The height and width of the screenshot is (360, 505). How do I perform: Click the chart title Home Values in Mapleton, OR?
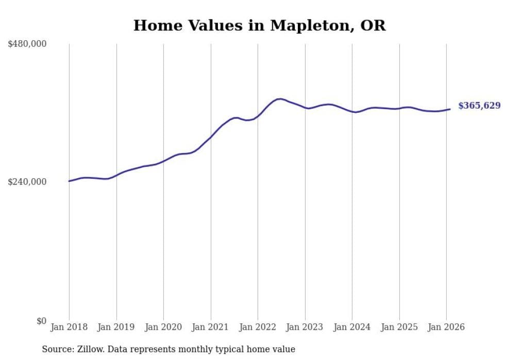click(259, 25)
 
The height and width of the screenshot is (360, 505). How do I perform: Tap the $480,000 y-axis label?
click(27, 44)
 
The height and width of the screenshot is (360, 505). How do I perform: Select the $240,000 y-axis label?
click(27, 182)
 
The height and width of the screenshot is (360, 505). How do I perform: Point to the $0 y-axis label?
click(41, 321)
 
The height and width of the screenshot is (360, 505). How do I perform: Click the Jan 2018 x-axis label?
click(69, 327)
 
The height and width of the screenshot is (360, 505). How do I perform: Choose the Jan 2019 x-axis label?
click(116, 327)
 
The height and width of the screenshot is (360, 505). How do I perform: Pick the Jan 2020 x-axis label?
click(163, 327)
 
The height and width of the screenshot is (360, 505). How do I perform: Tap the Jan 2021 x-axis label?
click(211, 327)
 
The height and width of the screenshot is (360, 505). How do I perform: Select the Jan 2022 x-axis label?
click(258, 327)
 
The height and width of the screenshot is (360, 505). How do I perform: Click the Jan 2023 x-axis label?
click(305, 327)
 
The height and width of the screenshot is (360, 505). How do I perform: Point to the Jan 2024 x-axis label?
click(352, 327)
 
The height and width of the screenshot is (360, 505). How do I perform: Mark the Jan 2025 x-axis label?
click(399, 327)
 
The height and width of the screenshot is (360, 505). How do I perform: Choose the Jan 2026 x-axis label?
click(446, 327)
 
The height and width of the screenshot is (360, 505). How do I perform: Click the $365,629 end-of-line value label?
click(479, 106)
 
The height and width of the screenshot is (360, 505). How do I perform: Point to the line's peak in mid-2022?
click(280, 99)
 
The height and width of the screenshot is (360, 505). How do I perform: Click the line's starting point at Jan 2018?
click(69, 181)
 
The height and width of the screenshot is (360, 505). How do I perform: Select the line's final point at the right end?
click(450, 109)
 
